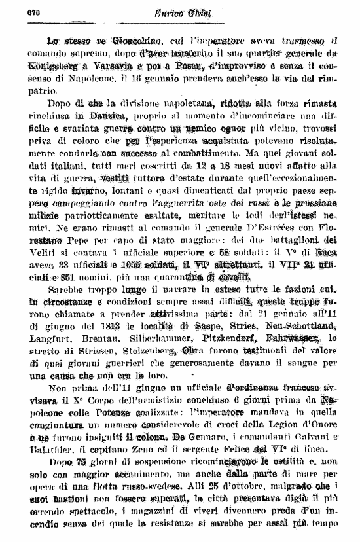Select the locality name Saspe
tap(207, 325)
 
